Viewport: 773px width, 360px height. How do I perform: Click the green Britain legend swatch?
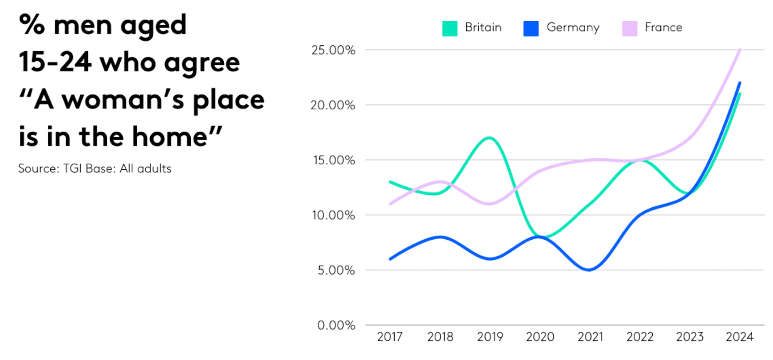449,28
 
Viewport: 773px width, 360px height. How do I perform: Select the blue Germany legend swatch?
530,28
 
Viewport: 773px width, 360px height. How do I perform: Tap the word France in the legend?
663,28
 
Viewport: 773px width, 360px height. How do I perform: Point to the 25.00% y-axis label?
333,50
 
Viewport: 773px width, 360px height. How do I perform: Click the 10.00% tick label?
333,215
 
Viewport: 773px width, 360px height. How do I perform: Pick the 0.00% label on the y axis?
336,325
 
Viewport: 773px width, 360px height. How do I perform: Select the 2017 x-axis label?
389,337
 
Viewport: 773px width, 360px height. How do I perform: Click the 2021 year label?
590,337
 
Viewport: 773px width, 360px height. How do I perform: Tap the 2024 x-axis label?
739,337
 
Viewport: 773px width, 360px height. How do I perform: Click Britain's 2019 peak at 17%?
490,138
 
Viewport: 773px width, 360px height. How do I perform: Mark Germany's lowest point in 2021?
590,270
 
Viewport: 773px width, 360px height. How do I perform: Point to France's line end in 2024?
740,50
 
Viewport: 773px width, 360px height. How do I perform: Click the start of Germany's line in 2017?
390,259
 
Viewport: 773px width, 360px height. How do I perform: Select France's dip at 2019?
490,203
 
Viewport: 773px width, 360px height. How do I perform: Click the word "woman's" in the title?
123,100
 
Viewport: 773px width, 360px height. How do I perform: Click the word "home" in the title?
170,137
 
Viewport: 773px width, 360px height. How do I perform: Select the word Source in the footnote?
38,169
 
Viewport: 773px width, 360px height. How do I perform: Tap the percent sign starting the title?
32,25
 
